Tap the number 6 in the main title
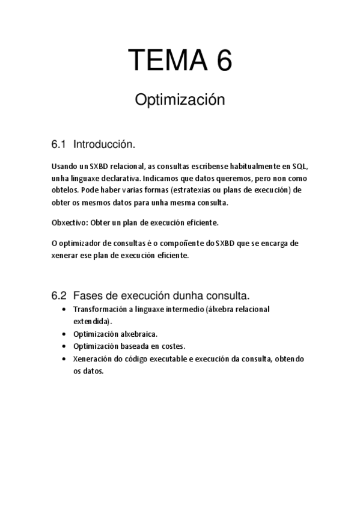coord(221,61)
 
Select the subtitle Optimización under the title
coord(180,100)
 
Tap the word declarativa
coord(121,179)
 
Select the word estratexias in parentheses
coord(194,191)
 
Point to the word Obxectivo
coord(70,222)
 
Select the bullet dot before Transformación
coord(65,309)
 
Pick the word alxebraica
coord(138,334)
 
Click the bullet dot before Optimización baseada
coord(65,346)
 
